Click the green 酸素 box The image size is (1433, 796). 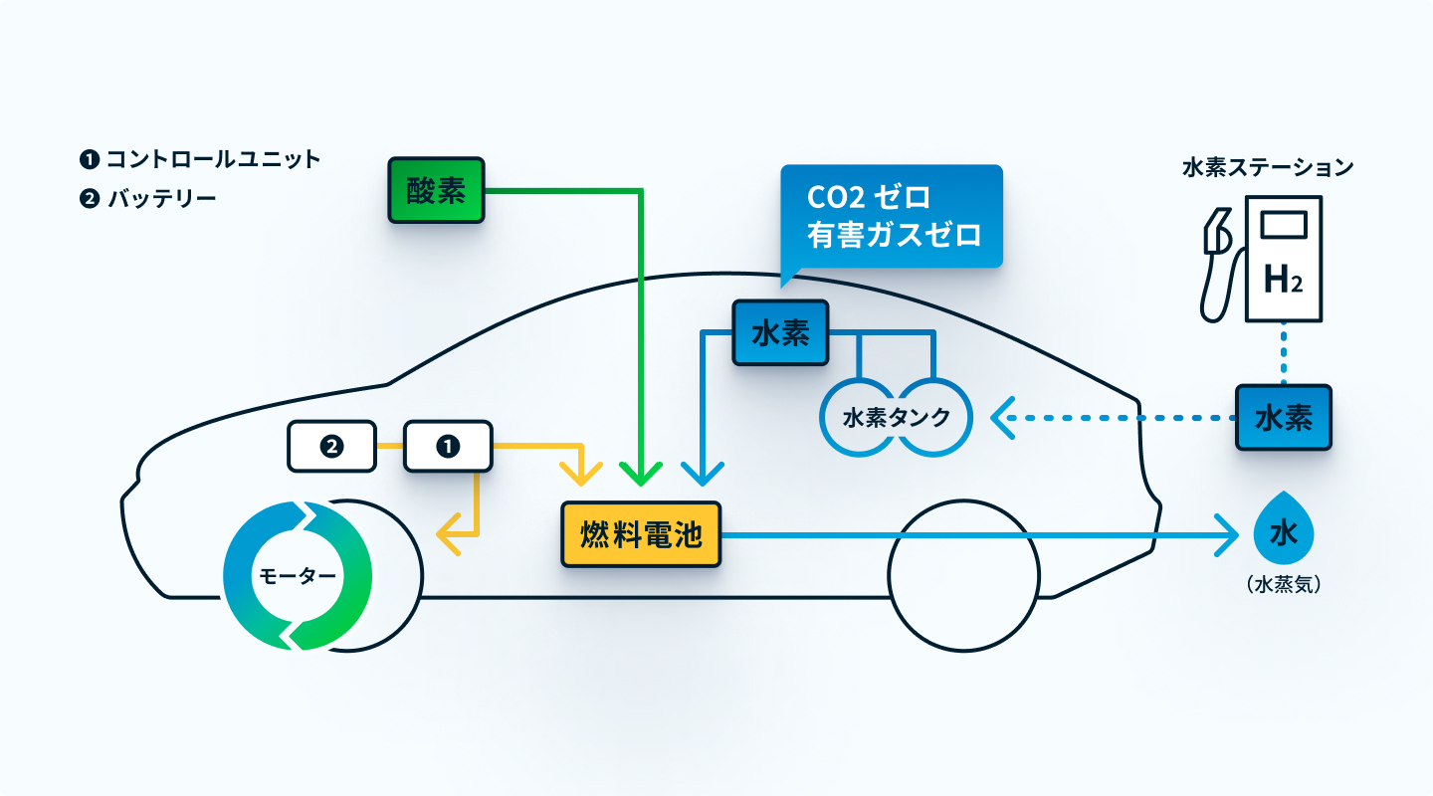(x=436, y=190)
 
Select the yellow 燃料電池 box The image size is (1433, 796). (x=640, y=535)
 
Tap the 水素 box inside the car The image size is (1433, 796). (x=781, y=333)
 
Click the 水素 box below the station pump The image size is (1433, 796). (x=1284, y=418)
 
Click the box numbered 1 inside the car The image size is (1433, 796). (x=448, y=447)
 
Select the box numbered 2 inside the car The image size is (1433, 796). (x=331, y=447)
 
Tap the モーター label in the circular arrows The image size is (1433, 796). (x=297, y=576)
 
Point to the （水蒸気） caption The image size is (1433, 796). (x=1284, y=586)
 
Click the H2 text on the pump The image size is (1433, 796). (x=1283, y=282)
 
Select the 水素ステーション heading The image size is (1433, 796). (x=1268, y=167)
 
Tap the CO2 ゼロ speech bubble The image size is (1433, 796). (x=893, y=216)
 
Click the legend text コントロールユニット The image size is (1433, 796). (x=213, y=159)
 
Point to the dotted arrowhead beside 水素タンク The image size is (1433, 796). (x=1001, y=418)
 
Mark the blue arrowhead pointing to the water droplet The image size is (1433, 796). (x=1227, y=535)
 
